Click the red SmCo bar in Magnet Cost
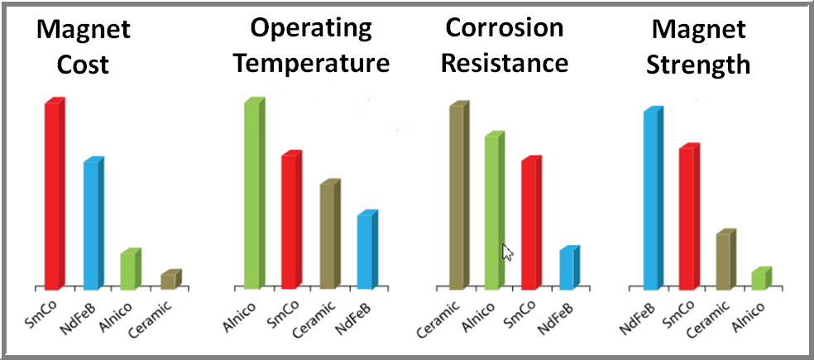click(52, 195)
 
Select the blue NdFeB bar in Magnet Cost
click(92, 223)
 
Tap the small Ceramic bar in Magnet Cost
click(169, 281)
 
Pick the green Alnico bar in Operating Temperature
click(251, 195)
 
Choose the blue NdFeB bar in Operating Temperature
click(365, 252)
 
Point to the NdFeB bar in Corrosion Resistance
click(567, 269)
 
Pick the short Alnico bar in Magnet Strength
click(759, 280)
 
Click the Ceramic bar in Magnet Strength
click(723, 262)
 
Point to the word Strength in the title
click(700, 64)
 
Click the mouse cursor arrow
click(507, 252)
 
